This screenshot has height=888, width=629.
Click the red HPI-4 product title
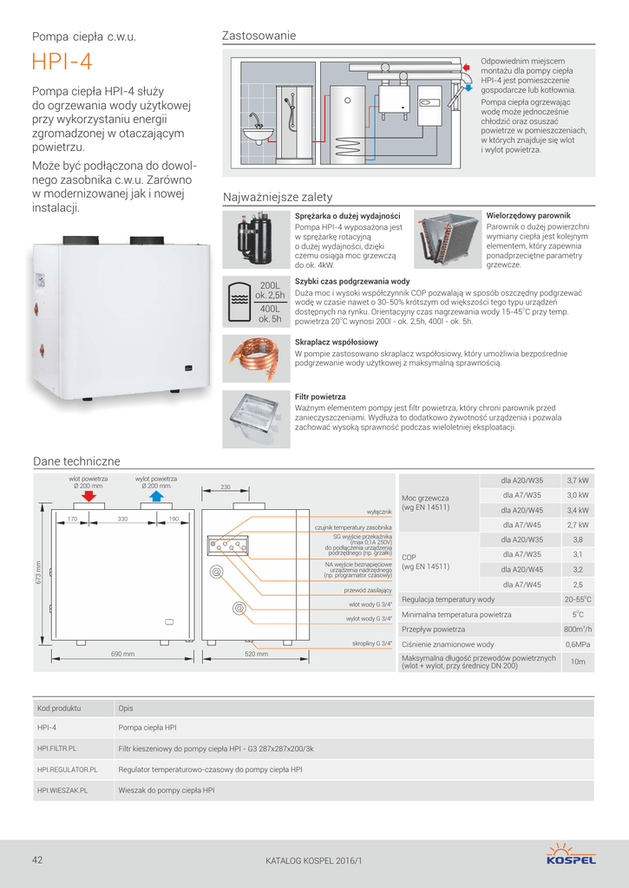click(x=62, y=63)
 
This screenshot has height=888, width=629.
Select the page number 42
click(x=37, y=860)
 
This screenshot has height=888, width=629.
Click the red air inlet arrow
click(x=88, y=495)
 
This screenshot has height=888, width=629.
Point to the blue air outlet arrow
click(x=156, y=495)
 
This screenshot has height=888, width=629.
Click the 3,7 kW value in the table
click(x=578, y=480)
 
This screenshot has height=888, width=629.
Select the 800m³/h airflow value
click(x=578, y=629)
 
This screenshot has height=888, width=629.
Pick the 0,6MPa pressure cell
click(x=578, y=644)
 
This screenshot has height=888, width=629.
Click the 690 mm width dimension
click(x=121, y=654)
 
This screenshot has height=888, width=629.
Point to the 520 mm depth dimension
click(x=256, y=654)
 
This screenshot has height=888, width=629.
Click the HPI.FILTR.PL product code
click(x=57, y=748)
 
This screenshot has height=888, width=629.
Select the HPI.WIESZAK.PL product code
click(x=62, y=790)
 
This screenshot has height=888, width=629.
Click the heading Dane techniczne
click(x=76, y=461)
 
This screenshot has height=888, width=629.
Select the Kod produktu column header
click(x=59, y=708)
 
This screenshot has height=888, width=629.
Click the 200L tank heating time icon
click(x=255, y=301)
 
